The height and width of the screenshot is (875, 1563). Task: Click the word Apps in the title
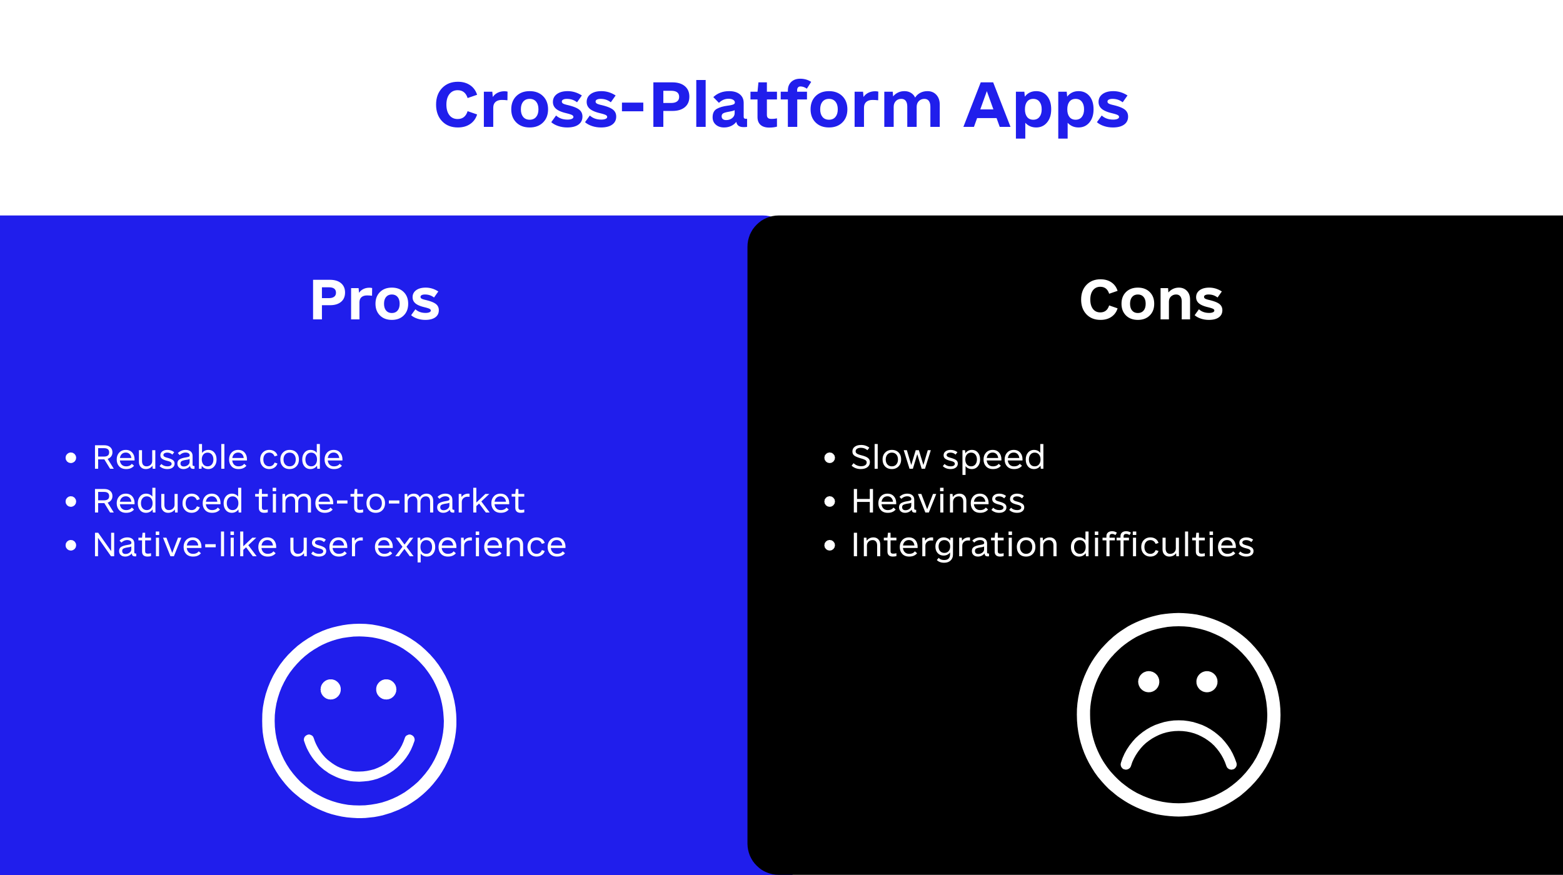(x=1046, y=108)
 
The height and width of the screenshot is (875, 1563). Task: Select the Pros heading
(x=375, y=301)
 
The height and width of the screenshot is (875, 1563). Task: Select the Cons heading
(x=1151, y=301)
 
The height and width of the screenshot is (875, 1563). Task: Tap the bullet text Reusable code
(x=218, y=457)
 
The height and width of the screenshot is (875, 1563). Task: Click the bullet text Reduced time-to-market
(x=309, y=501)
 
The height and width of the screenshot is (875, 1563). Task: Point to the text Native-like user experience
(x=329, y=545)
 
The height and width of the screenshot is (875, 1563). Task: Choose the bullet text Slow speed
(x=948, y=458)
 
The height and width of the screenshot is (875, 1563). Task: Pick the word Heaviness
(x=938, y=501)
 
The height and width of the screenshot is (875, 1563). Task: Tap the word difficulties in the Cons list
(x=1162, y=544)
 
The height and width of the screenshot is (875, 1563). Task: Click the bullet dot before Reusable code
(x=71, y=458)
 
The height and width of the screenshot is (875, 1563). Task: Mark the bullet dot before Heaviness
(x=830, y=502)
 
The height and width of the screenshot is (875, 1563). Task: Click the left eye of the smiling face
(x=331, y=689)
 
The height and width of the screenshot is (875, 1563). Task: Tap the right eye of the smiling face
(x=386, y=689)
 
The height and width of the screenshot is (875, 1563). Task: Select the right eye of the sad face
(x=1207, y=682)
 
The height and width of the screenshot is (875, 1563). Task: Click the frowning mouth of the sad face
(x=1179, y=726)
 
